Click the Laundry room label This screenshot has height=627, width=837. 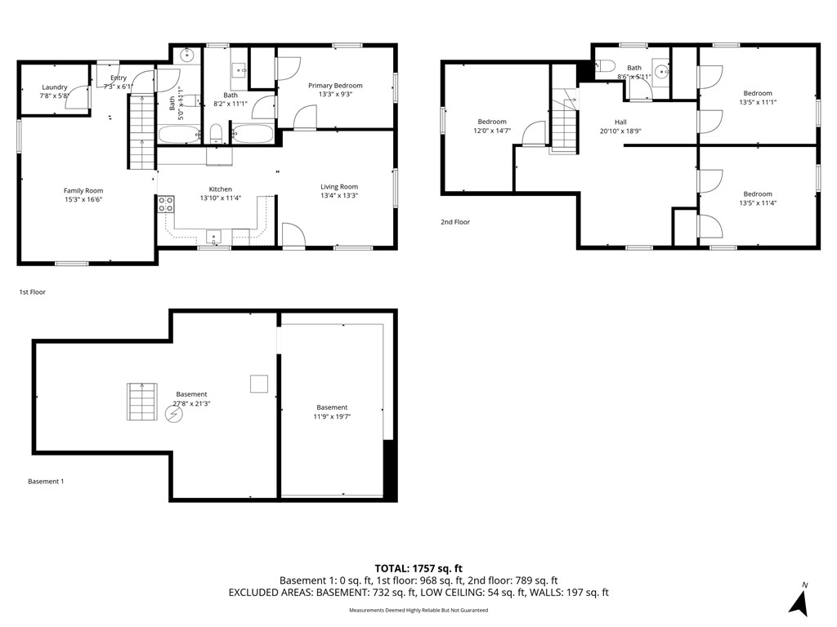click(55, 87)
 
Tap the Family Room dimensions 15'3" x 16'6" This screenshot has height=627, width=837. click(83, 199)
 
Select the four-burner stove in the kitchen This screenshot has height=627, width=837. click(165, 204)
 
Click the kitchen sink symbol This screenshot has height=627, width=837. click(214, 236)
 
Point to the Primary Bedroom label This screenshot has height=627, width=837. click(335, 85)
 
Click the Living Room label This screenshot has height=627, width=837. click(339, 187)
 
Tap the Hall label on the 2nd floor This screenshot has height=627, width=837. click(620, 122)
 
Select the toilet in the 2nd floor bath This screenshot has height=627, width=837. click(605, 66)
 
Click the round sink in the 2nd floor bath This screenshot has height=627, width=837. click(662, 70)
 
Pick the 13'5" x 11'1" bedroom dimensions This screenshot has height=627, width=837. click(758, 102)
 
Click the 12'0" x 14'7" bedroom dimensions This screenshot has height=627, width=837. click(492, 130)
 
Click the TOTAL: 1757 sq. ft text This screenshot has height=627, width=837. click(418, 568)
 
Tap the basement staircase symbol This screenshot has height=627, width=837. click(142, 402)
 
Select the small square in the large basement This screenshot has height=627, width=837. click(259, 384)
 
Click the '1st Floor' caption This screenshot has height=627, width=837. click(33, 292)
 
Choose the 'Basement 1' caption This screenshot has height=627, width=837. click(46, 482)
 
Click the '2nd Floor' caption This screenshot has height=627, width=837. click(455, 222)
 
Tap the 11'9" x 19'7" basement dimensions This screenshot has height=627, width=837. click(332, 416)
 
